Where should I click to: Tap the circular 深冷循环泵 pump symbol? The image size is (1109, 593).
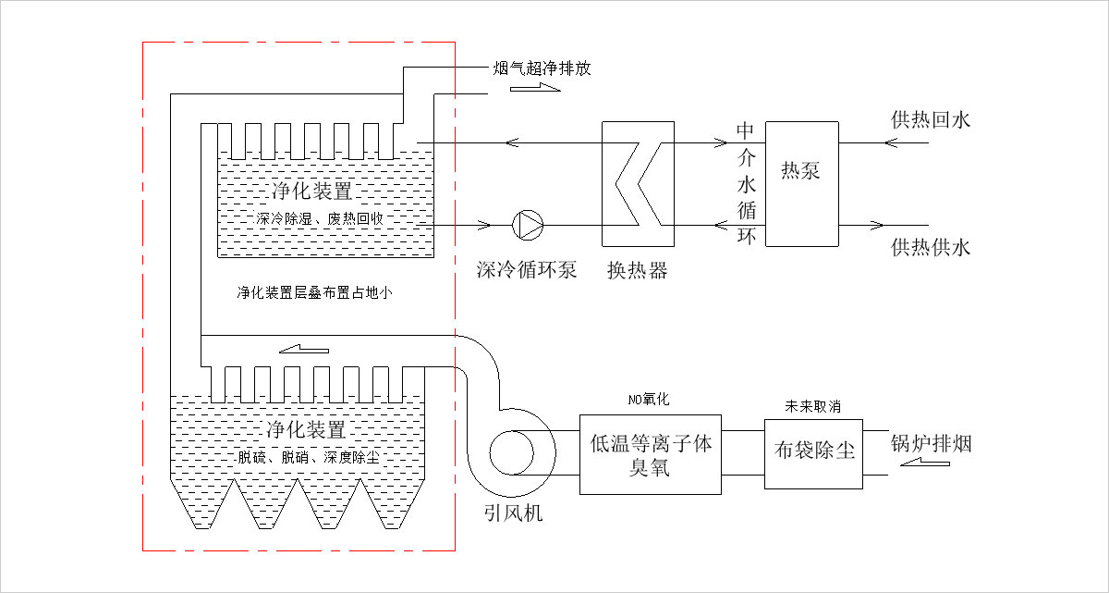528,226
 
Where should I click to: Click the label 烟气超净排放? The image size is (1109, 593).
542,68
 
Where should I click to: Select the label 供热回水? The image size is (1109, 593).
931,120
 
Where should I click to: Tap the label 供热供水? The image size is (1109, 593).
931,248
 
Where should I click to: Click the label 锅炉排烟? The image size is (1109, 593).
932,443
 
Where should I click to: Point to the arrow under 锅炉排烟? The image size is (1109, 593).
925,463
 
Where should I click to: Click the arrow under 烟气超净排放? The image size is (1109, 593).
535,88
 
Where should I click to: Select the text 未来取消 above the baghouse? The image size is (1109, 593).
813,406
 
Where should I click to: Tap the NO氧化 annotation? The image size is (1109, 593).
649,399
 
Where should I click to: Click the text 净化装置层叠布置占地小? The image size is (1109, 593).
314,292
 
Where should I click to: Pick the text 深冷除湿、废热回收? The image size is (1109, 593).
320,218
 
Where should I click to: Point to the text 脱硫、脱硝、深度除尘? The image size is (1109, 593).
309,457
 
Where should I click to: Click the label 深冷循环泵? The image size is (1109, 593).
527,270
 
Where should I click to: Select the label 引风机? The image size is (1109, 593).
514,513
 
